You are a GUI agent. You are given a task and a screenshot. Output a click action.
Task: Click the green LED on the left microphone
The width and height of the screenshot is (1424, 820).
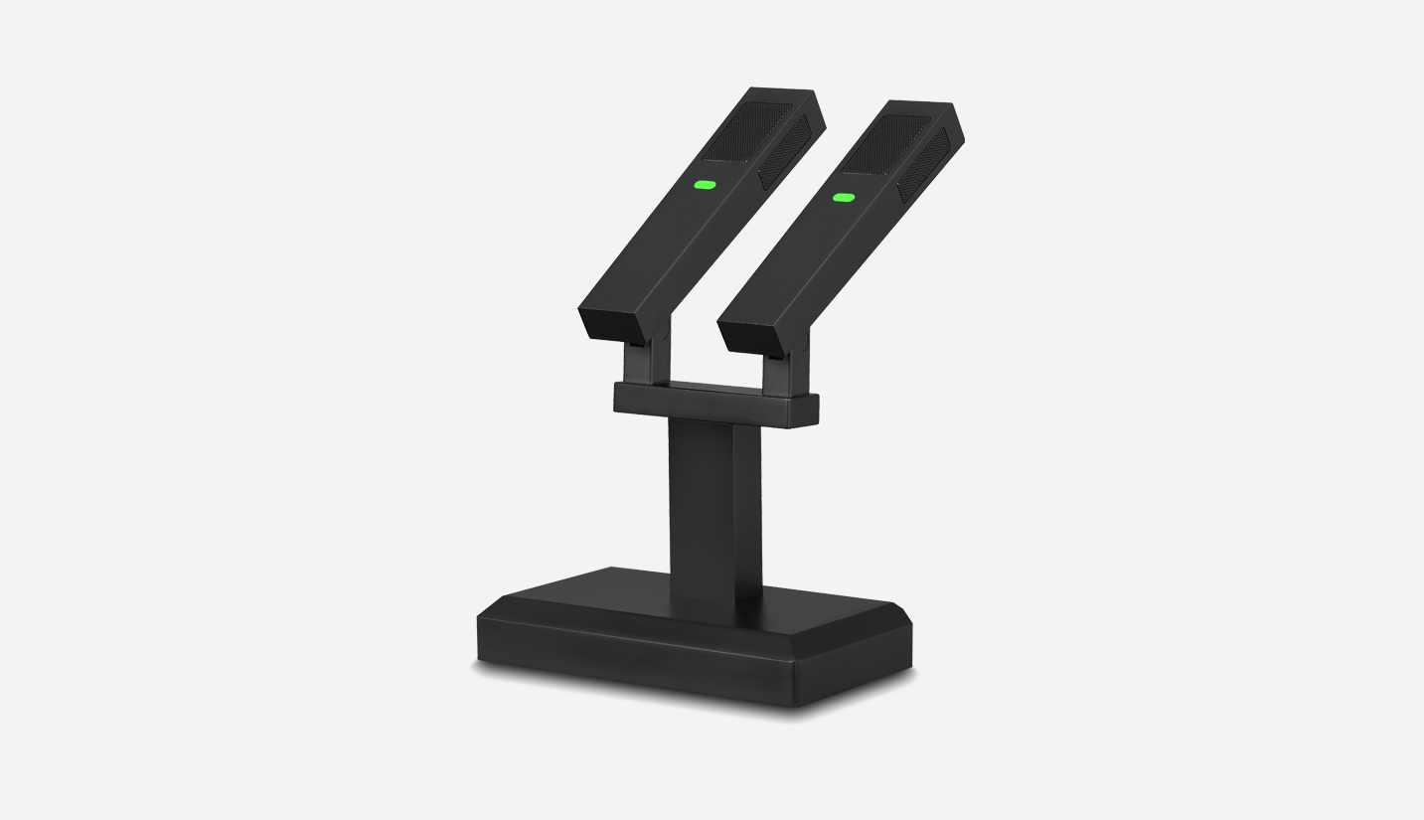(x=705, y=184)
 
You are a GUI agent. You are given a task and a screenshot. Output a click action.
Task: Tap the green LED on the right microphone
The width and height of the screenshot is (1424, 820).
(x=844, y=198)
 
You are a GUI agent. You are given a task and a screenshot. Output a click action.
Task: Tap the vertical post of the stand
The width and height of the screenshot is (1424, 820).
(x=713, y=507)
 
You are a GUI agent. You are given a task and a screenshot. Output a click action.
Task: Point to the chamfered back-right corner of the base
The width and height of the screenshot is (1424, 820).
(x=902, y=612)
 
